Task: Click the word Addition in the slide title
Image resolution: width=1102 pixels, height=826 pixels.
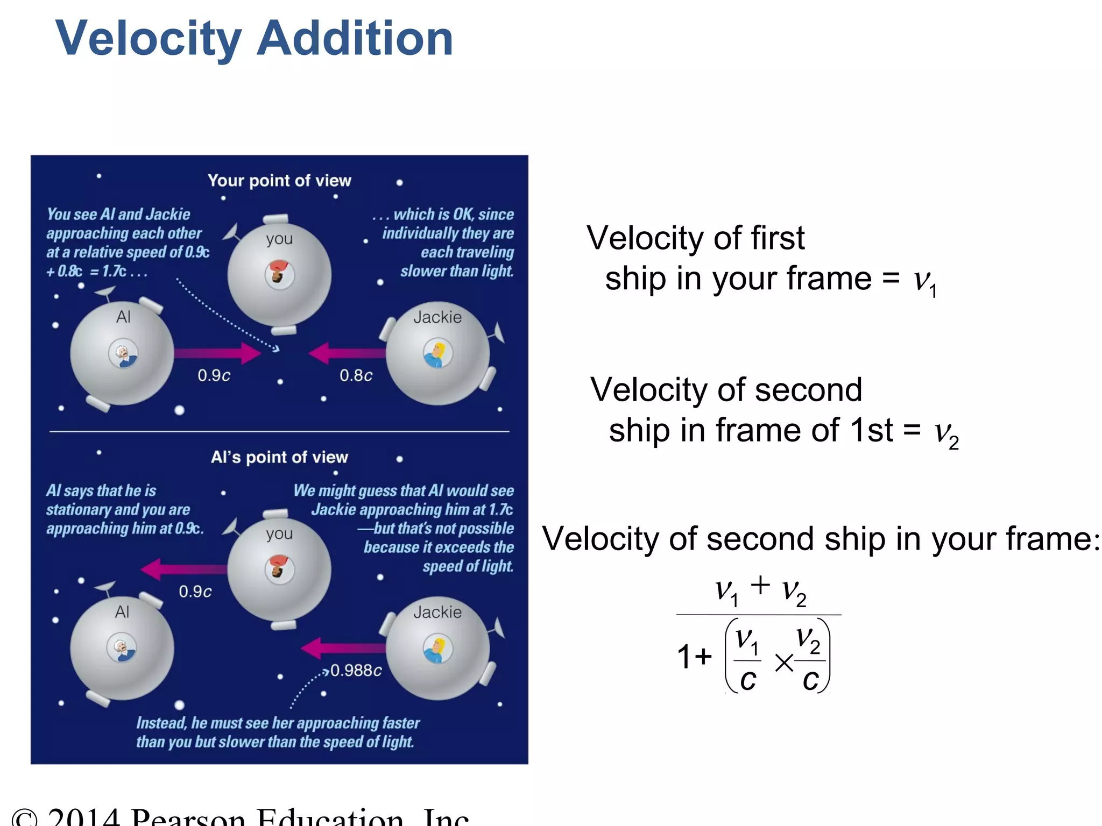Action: (x=355, y=39)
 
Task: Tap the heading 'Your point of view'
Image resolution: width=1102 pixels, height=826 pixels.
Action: (x=279, y=181)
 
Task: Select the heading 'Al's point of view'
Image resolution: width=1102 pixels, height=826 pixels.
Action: (x=279, y=457)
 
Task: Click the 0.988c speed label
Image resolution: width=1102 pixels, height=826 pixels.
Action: (x=356, y=671)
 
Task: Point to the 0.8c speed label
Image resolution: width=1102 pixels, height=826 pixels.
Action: (x=356, y=375)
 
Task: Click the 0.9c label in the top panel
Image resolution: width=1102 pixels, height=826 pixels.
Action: (x=214, y=375)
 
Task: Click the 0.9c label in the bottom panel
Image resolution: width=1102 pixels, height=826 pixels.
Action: (x=195, y=592)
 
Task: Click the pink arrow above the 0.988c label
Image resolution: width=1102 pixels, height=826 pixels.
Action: (x=342, y=648)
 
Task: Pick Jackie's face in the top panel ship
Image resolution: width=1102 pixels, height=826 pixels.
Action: (x=437, y=353)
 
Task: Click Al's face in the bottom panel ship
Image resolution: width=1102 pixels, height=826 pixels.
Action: (x=122, y=648)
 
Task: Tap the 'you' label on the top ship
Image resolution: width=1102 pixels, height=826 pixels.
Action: (x=279, y=239)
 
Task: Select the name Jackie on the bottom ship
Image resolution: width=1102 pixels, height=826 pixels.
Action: (x=437, y=612)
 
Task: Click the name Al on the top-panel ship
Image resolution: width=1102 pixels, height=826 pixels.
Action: (x=123, y=317)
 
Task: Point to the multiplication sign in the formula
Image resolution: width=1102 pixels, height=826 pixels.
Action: (x=784, y=663)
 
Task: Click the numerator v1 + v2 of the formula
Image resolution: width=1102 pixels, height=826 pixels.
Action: (x=760, y=590)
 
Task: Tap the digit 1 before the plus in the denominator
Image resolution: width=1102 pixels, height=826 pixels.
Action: (x=684, y=657)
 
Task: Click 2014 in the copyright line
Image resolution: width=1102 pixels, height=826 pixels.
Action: (x=83, y=817)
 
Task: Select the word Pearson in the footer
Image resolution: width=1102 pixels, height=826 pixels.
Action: (x=188, y=817)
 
